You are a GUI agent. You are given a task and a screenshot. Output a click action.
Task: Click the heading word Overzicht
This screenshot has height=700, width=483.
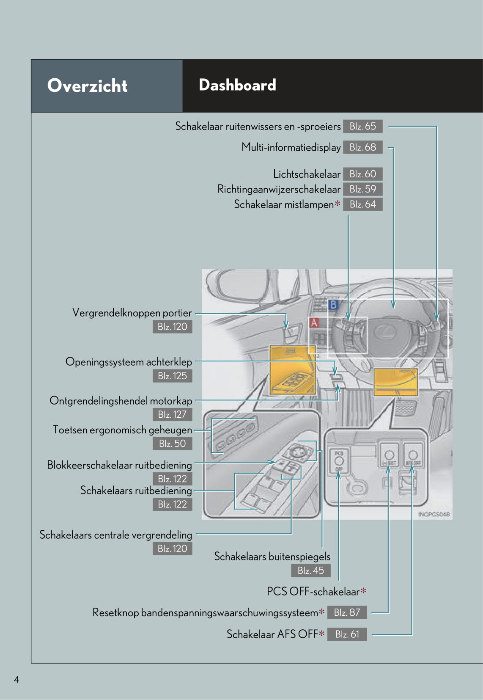pos(87,85)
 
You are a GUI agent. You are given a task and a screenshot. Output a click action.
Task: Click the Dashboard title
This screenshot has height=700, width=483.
pos(237,85)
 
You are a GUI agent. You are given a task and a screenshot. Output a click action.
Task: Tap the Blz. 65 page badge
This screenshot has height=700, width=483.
pos(362,126)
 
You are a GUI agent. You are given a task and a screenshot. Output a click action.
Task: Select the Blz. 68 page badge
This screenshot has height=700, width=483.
pos(362,147)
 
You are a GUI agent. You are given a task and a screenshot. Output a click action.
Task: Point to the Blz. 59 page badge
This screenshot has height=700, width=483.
pos(362,189)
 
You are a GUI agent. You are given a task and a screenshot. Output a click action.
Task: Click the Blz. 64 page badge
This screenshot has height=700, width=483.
pos(362,204)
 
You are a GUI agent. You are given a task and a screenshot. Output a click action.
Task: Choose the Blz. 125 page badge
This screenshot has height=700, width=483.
pos(172,376)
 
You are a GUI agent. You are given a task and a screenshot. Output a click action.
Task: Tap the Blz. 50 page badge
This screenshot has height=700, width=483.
pos(172,444)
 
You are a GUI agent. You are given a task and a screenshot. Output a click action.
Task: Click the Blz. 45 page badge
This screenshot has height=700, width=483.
pos(310,570)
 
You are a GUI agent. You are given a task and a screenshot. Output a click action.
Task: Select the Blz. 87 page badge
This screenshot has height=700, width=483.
pos(347,612)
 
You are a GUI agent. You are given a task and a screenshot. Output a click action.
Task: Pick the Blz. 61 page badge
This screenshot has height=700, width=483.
pos(347,634)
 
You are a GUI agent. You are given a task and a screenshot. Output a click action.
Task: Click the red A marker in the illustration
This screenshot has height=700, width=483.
pos(314,322)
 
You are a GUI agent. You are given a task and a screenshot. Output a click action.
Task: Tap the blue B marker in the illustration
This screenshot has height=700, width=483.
pos(333,305)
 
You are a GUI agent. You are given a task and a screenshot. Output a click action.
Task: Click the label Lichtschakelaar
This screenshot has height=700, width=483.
pos(307,174)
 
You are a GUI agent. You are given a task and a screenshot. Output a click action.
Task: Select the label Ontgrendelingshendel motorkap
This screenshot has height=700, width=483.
pos(121,401)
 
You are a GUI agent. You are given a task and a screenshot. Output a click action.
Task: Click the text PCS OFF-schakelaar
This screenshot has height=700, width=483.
pos(313,591)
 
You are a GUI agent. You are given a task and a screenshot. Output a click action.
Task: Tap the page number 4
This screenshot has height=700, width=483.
pos(16,680)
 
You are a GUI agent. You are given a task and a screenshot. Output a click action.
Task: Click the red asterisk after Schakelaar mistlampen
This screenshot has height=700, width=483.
pos(338,204)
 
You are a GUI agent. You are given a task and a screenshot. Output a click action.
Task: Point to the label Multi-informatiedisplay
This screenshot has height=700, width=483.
pos(291,147)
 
